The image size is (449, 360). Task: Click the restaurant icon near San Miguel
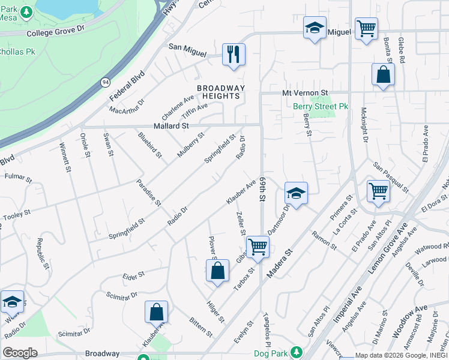click(x=233, y=54)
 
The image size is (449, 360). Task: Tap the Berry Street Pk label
click(x=321, y=106)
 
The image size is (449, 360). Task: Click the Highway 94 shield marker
click(x=106, y=82)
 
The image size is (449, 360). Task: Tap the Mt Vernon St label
click(x=305, y=93)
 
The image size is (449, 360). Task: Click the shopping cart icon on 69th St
click(x=258, y=247)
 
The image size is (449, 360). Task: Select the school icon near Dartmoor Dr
click(x=296, y=193)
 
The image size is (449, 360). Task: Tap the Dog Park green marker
click(x=295, y=352)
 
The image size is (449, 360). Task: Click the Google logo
click(x=20, y=352)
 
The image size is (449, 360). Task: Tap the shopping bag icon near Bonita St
click(x=382, y=75)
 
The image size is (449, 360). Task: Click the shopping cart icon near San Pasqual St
click(x=378, y=191)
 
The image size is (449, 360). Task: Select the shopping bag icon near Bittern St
click(x=156, y=312)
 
